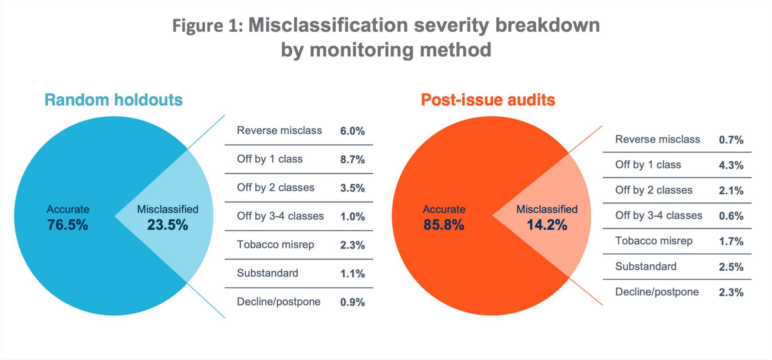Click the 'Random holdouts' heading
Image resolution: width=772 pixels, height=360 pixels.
click(x=113, y=100)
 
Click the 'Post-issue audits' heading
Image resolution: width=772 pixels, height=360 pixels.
click(x=488, y=100)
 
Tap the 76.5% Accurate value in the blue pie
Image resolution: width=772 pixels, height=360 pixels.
click(x=68, y=224)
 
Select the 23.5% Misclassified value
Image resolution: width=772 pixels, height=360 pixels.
click(x=167, y=224)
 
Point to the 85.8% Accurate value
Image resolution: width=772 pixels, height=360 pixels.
click(x=443, y=224)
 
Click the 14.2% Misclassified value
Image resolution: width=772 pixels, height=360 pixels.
click(x=547, y=224)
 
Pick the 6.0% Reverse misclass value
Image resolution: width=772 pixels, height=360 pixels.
click(x=352, y=131)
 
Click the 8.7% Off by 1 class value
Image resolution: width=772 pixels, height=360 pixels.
click(x=352, y=159)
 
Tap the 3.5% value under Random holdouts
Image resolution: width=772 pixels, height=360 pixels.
click(x=352, y=188)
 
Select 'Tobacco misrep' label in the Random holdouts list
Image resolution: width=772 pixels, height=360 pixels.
click(x=275, y=245)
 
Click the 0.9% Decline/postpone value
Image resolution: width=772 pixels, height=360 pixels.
click(x=352, y=302)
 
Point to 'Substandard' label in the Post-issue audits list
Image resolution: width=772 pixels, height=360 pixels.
click(x=646, y=266)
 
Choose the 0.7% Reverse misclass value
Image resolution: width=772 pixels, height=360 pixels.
click(x=731, y=140)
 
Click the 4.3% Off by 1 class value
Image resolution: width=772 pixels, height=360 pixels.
click(x=731, y=165)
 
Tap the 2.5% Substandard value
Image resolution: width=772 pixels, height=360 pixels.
click(x=731, y=267)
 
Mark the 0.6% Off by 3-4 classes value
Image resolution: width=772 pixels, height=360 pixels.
click(x=731, y=216)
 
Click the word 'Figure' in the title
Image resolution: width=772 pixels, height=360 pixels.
click(x=197, y=26)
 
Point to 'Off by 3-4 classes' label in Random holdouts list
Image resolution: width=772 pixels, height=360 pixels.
click(x=280, y=216)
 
